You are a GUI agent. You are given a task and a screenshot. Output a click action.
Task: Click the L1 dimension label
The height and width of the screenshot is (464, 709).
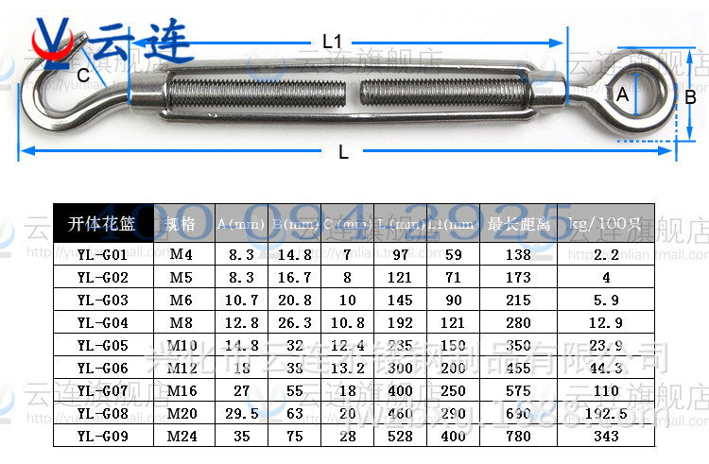click(332, 42)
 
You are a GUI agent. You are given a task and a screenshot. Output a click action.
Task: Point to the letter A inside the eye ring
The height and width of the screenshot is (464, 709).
click(622, 95)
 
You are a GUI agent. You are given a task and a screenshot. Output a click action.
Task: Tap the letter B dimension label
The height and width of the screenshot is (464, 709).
click(691, 95)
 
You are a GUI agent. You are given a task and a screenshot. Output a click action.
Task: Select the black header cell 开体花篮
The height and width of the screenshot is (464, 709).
click(103, 225)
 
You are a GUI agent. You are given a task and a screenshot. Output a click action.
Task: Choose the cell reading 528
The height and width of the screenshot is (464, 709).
click(401, 436)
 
